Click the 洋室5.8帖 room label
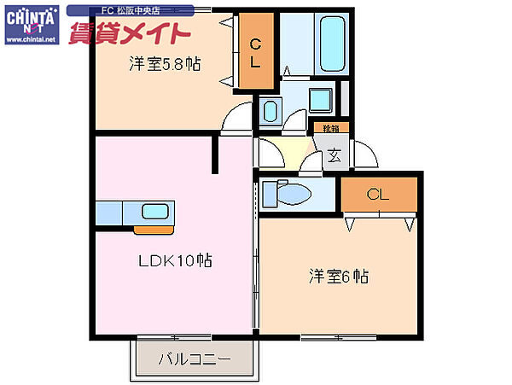pyautogui.click(x=165, y=63)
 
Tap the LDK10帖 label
pyautogui.click(x=177, y=261)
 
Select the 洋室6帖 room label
pyautogui.click(x=339, y=277)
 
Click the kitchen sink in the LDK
pyautogui.click(x=155, y=212)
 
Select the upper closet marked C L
pyautogui.click(x=256, y=52)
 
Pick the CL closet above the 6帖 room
pyautogui.click(x=378, y=195)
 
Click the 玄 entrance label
pyautogui.click(x=335, y=156)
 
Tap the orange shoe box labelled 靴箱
pyautogui.click(x=329, y=128)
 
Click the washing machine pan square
pyautogui.click(x=320, y=100)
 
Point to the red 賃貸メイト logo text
pyautogui.click(x=142, y=34)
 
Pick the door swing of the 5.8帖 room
pyautogui.click(x=233, y=123)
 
